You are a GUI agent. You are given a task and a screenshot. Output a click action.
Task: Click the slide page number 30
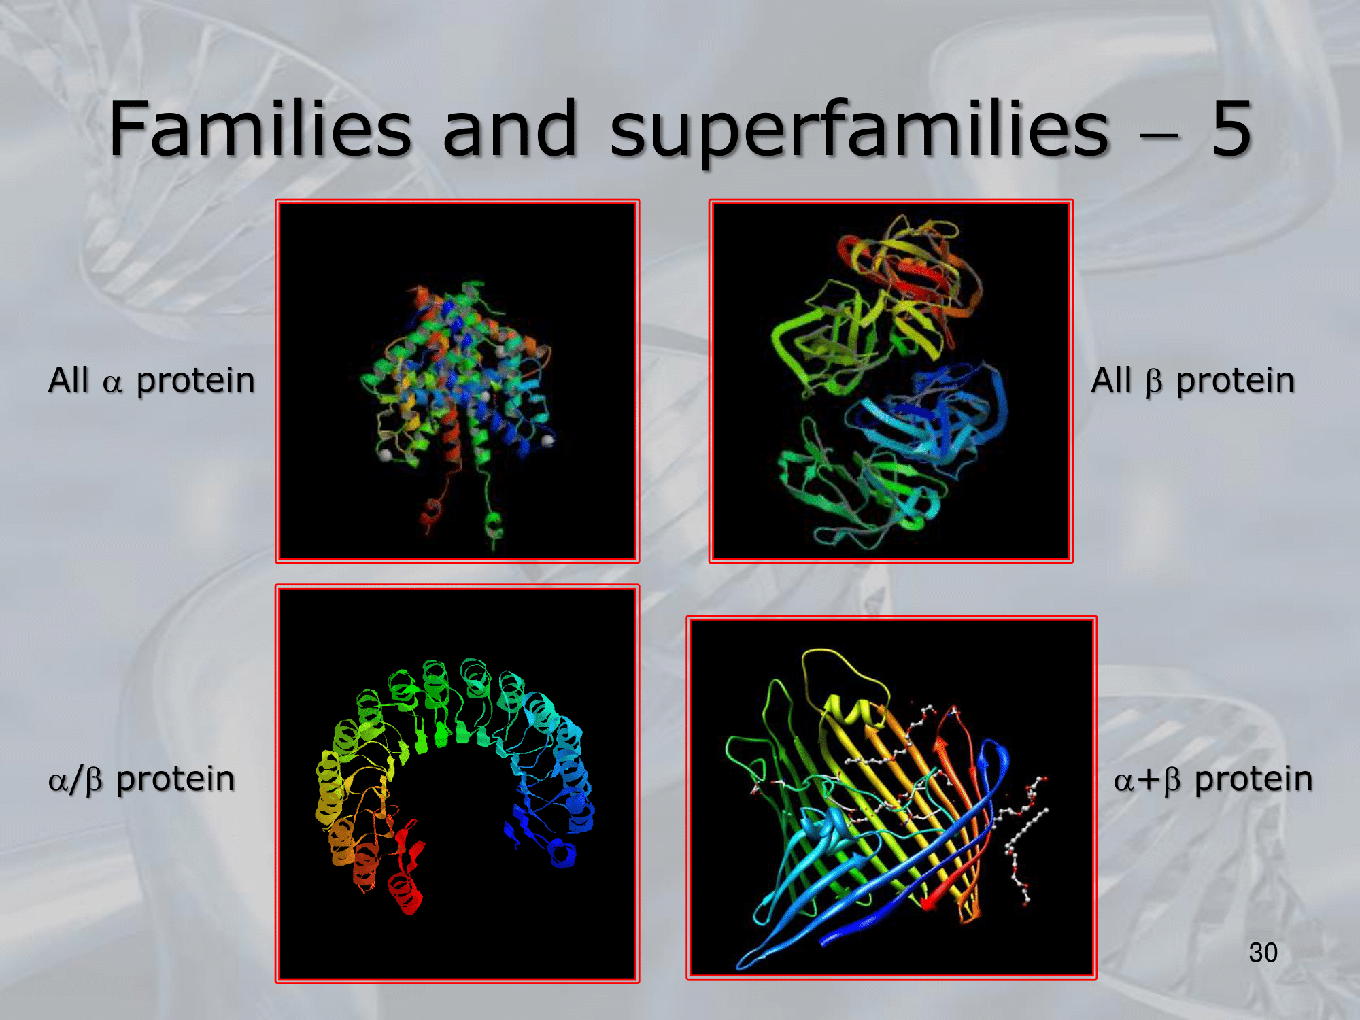pyautogui.click(x=1263, y=953)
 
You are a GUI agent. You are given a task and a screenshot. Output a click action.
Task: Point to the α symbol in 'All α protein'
pyautogui.click(x=112, y=384)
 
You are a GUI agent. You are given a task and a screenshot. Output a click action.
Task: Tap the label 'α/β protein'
pyautogui.click(x=141, y=779)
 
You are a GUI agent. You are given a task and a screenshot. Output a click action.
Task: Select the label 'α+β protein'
pyautogui.click(x=1212, y=779)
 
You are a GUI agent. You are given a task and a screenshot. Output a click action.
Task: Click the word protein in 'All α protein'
pyautogui.click(x=195, y=381)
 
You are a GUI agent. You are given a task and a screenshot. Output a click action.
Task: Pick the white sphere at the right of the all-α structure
pyautogui.click(x=547, y=441)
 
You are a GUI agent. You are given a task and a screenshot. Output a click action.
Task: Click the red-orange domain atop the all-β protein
pyautogui.click(x=904, y=272)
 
